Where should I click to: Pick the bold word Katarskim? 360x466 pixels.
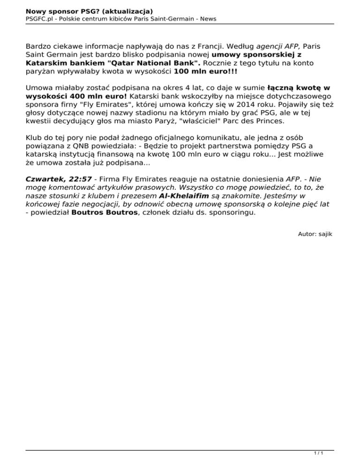(47, 63)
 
